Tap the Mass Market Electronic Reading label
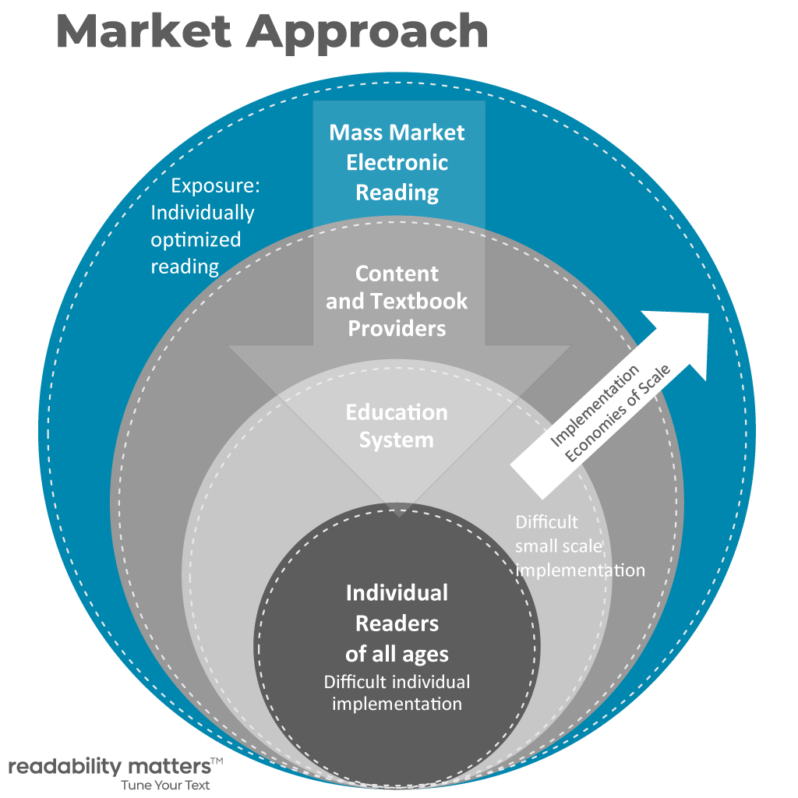click(397, 162)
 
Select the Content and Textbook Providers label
click(397, 301)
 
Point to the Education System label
click(397, 425)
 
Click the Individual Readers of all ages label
click(397, 623)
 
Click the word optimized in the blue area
click(196, 239)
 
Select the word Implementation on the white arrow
click(595, 405)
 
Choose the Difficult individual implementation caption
click(397, 693)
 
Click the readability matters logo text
click(108, 765)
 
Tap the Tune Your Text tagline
click(165, 785)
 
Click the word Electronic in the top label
click(397, 162)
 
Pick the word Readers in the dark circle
click(397, 623)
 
